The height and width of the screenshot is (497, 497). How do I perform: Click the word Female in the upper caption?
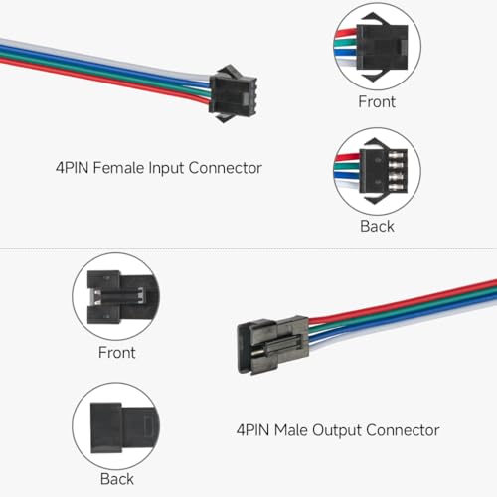118,168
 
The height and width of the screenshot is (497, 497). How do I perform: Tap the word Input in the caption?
166,169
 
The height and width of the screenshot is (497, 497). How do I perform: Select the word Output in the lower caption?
337,431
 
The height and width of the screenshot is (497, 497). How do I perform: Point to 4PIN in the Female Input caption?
73,168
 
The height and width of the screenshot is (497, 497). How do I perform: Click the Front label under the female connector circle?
377,101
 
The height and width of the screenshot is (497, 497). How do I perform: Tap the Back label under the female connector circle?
377,227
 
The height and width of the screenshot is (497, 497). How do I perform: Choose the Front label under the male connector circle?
117,353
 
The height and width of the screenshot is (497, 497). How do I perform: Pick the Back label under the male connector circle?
117,479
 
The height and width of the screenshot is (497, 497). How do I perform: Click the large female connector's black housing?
233,93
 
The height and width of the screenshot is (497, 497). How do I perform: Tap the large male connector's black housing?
273,345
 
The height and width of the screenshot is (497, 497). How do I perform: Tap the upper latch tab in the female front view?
374,18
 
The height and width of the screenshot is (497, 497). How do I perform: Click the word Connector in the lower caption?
403,430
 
